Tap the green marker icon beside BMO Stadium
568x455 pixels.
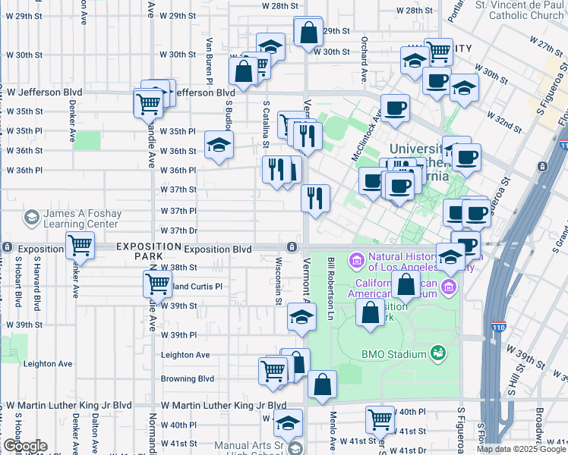coord(437,353)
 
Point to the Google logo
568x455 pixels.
coord(24,446)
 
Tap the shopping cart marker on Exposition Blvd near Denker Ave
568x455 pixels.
coord(80,246)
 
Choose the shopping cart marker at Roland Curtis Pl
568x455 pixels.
coord(157,284)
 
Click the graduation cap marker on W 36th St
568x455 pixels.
coord(219,145)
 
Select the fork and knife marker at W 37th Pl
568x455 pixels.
coord(314,198)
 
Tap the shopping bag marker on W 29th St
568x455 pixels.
coord(308,33)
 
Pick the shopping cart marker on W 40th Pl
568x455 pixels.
coord(380,419)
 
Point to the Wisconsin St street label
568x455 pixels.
coord(279,278)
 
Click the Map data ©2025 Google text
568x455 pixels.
coord(521,449)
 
